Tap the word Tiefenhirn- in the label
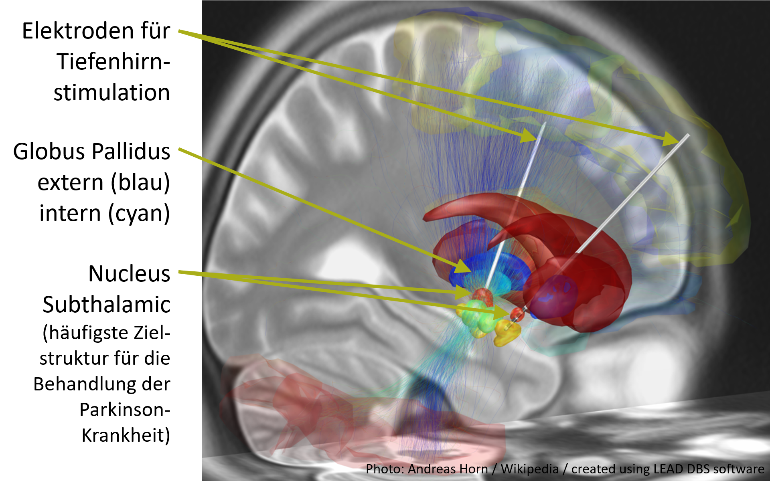click(113, 62)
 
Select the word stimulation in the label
click(112, 93)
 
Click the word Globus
click(47, 152)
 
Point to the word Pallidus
click(131, 152)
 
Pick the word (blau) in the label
click(140, 183)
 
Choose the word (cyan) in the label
click(139, 213)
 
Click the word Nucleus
click(129, 274)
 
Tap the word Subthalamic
click(107, 305)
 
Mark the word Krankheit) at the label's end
click(126, 435)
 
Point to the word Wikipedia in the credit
click(530, 469)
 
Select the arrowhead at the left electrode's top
click(529, 136)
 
